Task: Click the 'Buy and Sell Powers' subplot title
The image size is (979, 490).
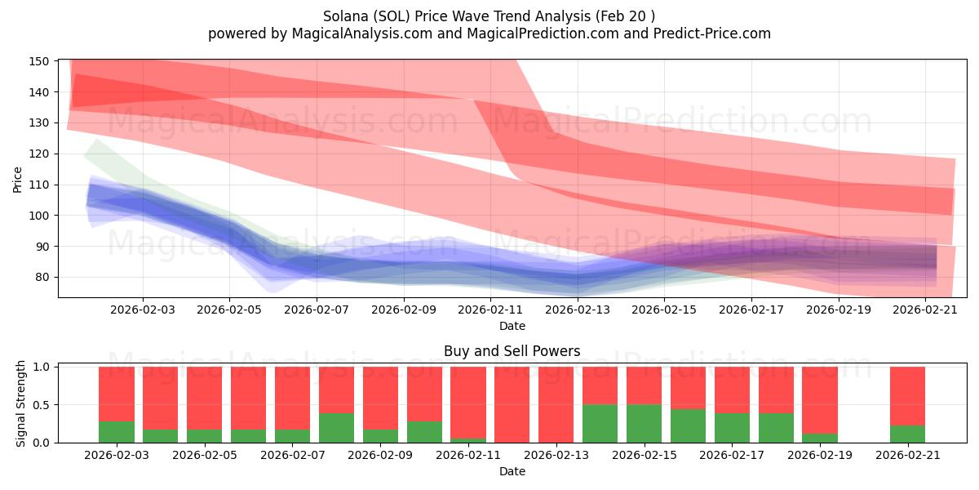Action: [x=512, y=351]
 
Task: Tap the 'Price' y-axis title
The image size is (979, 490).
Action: [x=17, y=179]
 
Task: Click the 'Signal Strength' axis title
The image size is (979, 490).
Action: [x=21, y=404]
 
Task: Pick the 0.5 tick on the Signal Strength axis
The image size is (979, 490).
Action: [x=42, y=405]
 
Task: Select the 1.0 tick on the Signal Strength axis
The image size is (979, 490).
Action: [x=42, y=367]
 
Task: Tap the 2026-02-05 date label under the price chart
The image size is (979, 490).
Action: [x=229, y=310]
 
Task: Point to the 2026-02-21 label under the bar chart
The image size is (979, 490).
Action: [x=907, y=455]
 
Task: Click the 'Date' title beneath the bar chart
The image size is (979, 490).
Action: [x=512, y=471]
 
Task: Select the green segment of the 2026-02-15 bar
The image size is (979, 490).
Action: [x=644, y=424]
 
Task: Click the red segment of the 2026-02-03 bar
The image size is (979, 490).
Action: [x=116, y=394]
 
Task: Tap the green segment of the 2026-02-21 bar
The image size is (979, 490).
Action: [x=907, y=434]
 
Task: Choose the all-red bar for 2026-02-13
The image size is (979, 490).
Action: [x=556, y=404]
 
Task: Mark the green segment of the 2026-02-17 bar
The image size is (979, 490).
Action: [x=732, y=428]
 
